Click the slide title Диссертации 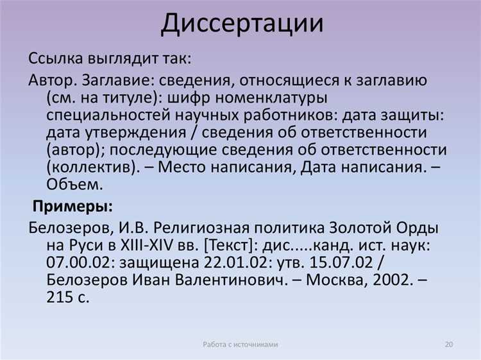(x=242, y=23)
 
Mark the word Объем (x=73, y=184)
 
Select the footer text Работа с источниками (x=240, y=345)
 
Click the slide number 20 (x=449, y=345)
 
